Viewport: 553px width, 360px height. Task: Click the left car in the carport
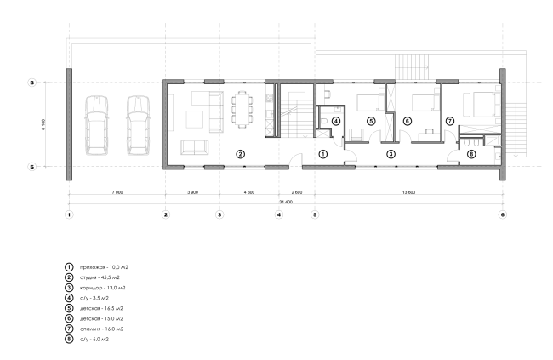[x=96, y=125]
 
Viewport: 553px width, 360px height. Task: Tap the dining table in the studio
[x=242, y=110]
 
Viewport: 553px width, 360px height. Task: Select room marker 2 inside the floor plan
[x=240, y=154]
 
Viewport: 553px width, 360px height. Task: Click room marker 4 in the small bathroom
[x=336, y=121]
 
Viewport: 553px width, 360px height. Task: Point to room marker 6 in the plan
[x=407, y=121]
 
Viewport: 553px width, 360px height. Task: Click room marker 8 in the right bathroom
[x=471, y=154]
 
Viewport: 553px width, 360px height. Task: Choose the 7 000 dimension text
[x=117, y=192]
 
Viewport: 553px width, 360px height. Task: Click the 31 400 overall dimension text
[x=286, y=202]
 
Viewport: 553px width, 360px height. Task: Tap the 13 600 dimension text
[x=408, y=192]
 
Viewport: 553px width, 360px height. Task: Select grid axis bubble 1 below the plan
[x=70, y=214]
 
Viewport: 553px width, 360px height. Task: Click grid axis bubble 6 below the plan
[x=503, y=214]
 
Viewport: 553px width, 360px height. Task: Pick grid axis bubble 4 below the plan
[x=279, y=214]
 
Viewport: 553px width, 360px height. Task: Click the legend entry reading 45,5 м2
[x=100, y=277]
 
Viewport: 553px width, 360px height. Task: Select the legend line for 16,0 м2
[x=101, y=329]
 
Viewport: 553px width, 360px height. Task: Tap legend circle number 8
[x=69, y=340]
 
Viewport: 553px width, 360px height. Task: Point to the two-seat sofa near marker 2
[x=194, y=147]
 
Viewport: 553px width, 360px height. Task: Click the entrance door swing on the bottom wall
[x=295, y=160]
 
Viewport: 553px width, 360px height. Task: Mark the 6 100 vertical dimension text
[x=43, y=124]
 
